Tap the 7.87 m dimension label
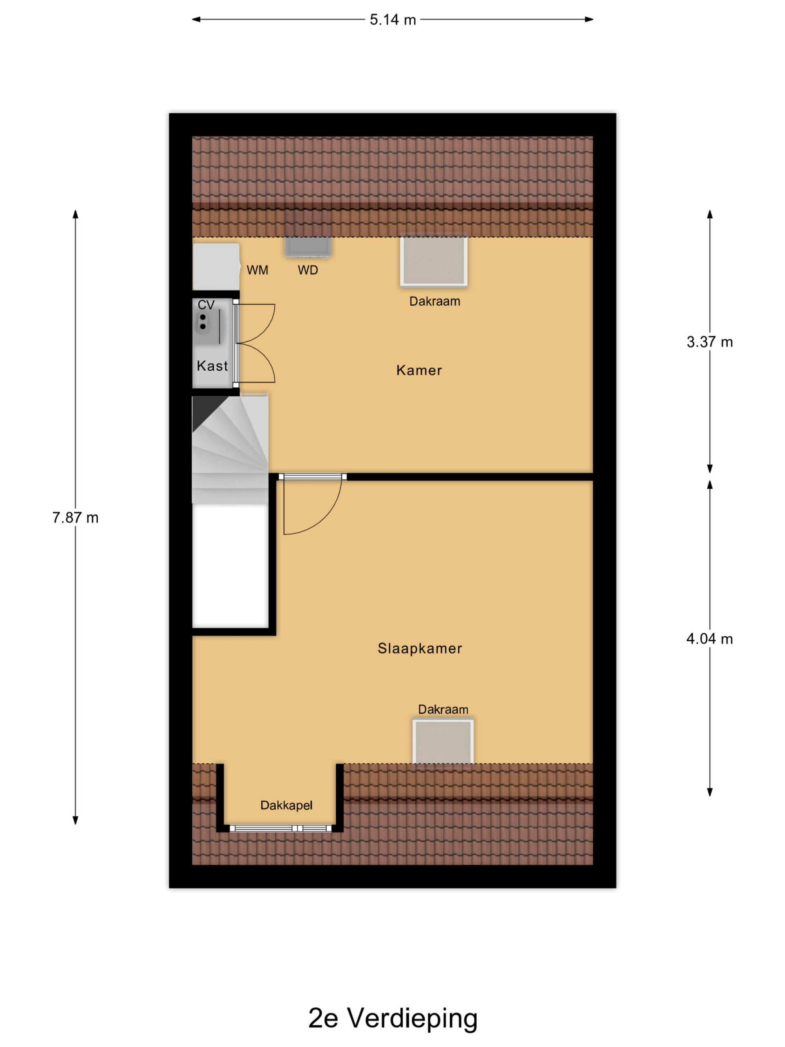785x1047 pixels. click(75, 518)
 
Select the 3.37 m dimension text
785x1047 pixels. click(709, 342)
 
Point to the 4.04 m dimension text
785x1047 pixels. click(709, 639)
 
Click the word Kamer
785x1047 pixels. click(419, 370)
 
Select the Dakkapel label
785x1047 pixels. click(286, 805)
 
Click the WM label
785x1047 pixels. click(258, 270)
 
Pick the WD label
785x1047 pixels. click(307, 270)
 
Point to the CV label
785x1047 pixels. click(206, 305)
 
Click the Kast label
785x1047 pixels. click(212, 366)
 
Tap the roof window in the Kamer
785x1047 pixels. click(434, 262)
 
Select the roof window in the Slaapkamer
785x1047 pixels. click(443, 741)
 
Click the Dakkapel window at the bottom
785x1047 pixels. click(281, 828)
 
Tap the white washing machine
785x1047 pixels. click(216, 267)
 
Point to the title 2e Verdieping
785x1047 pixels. click(393, 1018)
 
